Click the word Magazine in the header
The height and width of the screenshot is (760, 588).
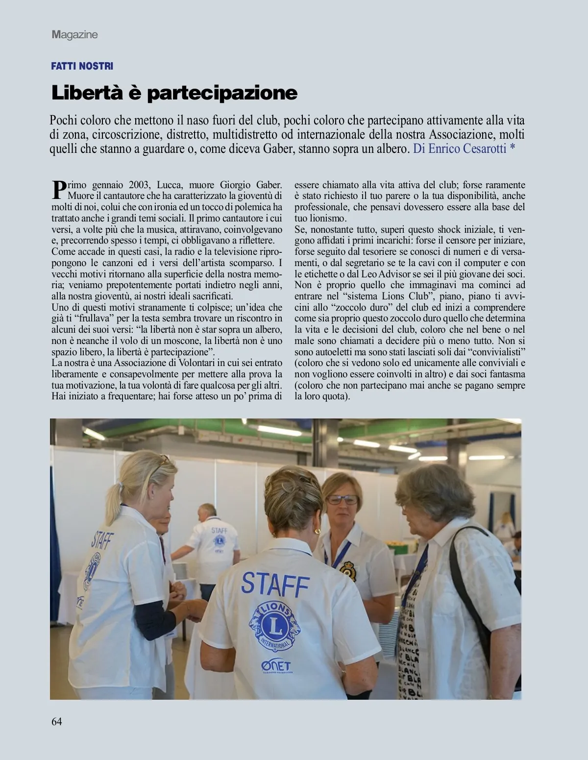(x=74, y=35)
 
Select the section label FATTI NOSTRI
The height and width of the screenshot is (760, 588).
(x=82, y=66)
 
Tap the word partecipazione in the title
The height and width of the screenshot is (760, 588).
(x=222, y=93)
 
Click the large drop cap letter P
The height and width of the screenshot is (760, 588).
(x=58, y=189)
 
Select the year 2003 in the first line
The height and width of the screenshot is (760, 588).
(x=139, y=185)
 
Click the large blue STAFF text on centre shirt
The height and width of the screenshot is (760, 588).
(x=275, y=583)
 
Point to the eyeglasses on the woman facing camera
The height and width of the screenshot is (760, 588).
(x=343, y=499)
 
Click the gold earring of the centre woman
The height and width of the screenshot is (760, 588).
(x=318, y=531)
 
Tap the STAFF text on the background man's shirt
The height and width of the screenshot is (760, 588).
(x=219, y=530)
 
